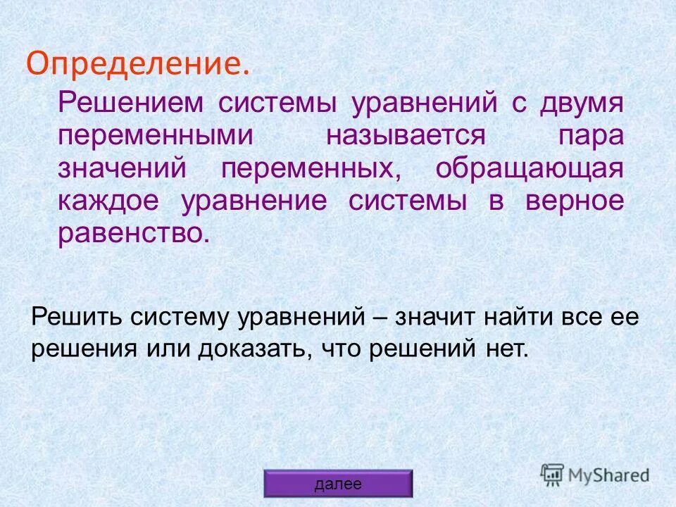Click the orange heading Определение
click(137, 64)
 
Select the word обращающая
click(530, 169)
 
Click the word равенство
click(134, 234)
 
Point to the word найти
click(520, 317)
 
